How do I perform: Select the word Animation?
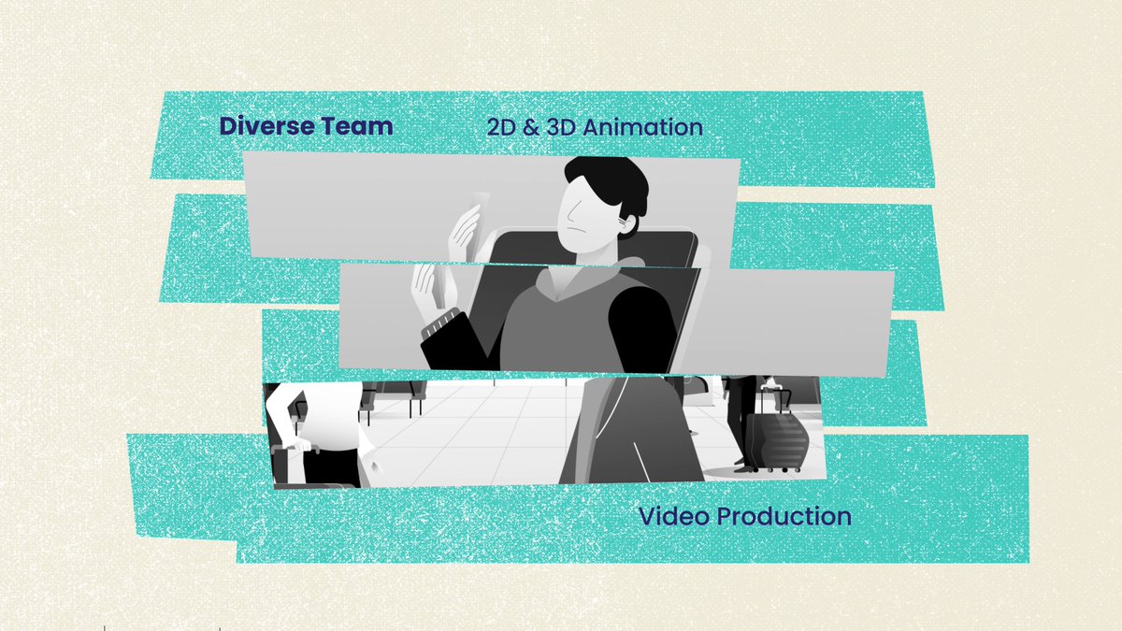tap(642, 127)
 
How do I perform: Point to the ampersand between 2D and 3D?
tap(531, 127)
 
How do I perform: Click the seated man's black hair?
tap(612, 182)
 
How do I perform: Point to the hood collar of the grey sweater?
tap(608, 271)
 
